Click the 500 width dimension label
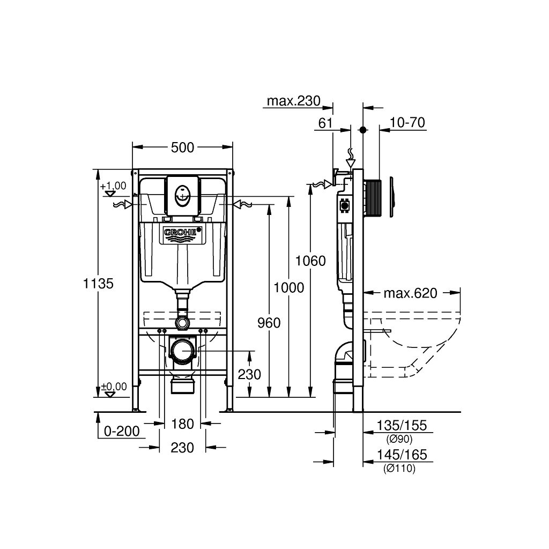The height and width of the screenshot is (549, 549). tap(182, 147)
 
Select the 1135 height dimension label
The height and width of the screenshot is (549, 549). tap(99, 283)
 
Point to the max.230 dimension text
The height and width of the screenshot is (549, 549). tap(293, 101)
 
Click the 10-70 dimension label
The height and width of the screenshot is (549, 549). tap(407, 123)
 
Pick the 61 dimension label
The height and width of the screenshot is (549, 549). tap(325, 123)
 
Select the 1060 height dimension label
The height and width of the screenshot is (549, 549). tap(310, 261)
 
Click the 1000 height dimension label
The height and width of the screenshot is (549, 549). tap(289, 287)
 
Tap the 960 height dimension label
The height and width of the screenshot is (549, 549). tap(269, 323)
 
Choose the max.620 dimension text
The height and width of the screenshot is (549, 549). tap(410, 293)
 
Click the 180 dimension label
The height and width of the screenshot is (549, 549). tap(182, 424)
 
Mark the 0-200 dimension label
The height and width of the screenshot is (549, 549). tap(122, 431)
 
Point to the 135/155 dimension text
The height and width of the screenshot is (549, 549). tap(402, 425)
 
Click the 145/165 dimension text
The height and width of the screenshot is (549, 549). tap(402, 455)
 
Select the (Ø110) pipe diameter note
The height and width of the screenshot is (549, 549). tap(399, 468)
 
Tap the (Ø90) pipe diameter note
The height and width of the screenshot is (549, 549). tap(399, 439)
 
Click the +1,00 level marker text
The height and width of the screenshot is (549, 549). tap(113, 186)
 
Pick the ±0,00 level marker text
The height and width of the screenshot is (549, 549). tap(114, 387)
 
